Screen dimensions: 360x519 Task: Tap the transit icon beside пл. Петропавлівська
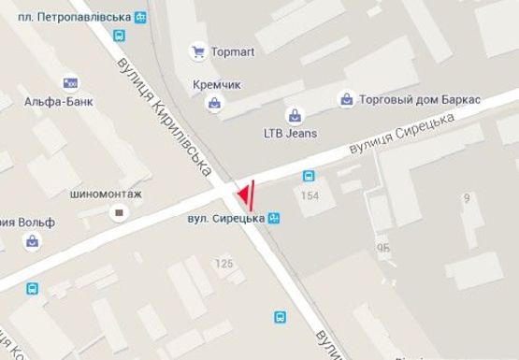[x=140, y=17]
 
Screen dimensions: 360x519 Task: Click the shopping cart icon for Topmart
[x=198, y=51]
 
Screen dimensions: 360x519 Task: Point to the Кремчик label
[x=217, y=84]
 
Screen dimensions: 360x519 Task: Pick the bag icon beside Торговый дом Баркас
[x=347, y=98]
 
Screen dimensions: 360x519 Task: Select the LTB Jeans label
[x=290, y=133]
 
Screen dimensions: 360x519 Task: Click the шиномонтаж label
[x=104, y=194]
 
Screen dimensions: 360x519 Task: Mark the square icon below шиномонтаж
[x=119, y=213]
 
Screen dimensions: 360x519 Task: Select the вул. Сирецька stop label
[x=224, y=219]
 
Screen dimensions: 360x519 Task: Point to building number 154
[x=310, y=194]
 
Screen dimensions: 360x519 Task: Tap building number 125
[x=224, y=264]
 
